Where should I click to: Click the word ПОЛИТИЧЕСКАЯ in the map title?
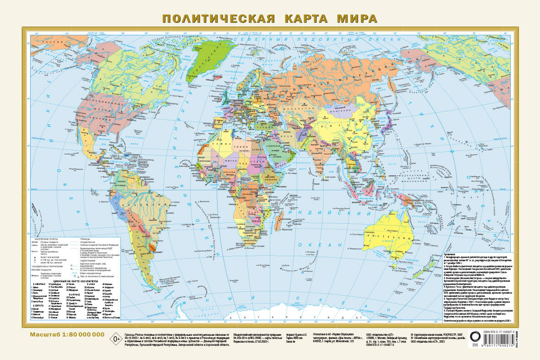[x=218, y=19]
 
